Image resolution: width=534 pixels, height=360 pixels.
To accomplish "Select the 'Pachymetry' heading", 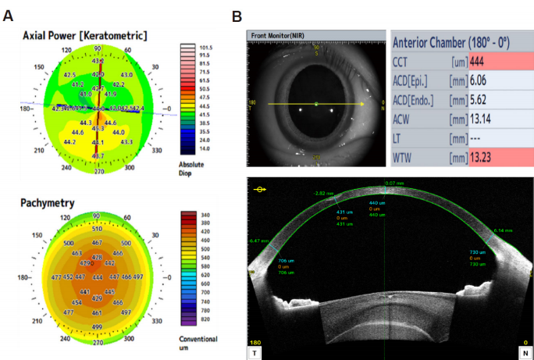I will pyautogui.click(x=48, y=203).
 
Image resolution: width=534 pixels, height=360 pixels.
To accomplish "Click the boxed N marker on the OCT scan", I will pyautogui.click(x=525, y=352).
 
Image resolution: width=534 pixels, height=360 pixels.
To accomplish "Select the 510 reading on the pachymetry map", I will pyautogui.click(x=98, y=230).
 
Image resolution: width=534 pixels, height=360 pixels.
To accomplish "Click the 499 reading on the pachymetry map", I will pyautogui.click(x=98, y=326).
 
